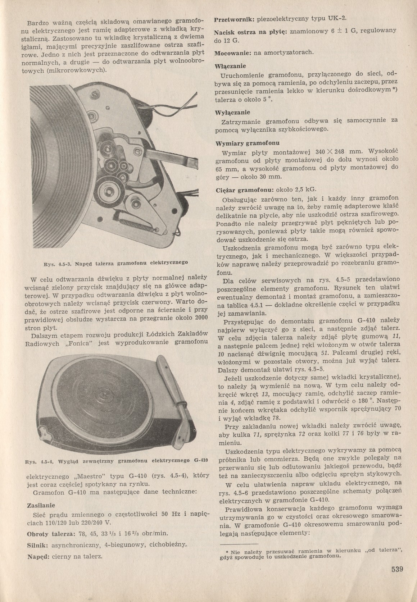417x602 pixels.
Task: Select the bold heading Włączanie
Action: (x=230, y=67)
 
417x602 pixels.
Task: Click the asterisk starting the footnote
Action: (x=227, y=552)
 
